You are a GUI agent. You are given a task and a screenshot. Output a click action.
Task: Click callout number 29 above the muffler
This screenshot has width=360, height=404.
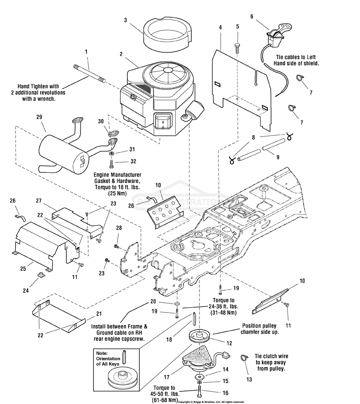39,117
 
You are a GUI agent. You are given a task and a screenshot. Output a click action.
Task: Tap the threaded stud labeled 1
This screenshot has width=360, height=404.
89,74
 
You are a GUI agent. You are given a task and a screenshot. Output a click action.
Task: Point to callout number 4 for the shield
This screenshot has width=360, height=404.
221,27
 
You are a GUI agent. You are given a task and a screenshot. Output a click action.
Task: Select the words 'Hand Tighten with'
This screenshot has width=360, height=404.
38,87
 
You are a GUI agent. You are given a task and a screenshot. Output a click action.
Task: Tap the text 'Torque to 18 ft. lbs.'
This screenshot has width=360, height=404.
117,187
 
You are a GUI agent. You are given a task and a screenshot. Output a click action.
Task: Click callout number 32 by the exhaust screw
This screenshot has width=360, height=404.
133,161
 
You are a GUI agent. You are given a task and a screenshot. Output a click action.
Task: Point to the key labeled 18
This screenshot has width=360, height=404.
194,320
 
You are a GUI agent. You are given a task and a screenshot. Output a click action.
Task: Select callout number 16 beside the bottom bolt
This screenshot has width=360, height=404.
225,393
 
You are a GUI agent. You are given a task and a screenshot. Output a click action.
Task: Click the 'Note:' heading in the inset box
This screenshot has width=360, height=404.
102,353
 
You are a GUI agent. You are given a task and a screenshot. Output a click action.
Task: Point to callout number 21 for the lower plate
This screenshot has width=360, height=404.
99,314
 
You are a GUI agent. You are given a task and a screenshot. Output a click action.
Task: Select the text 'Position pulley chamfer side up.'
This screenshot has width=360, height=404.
259,329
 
